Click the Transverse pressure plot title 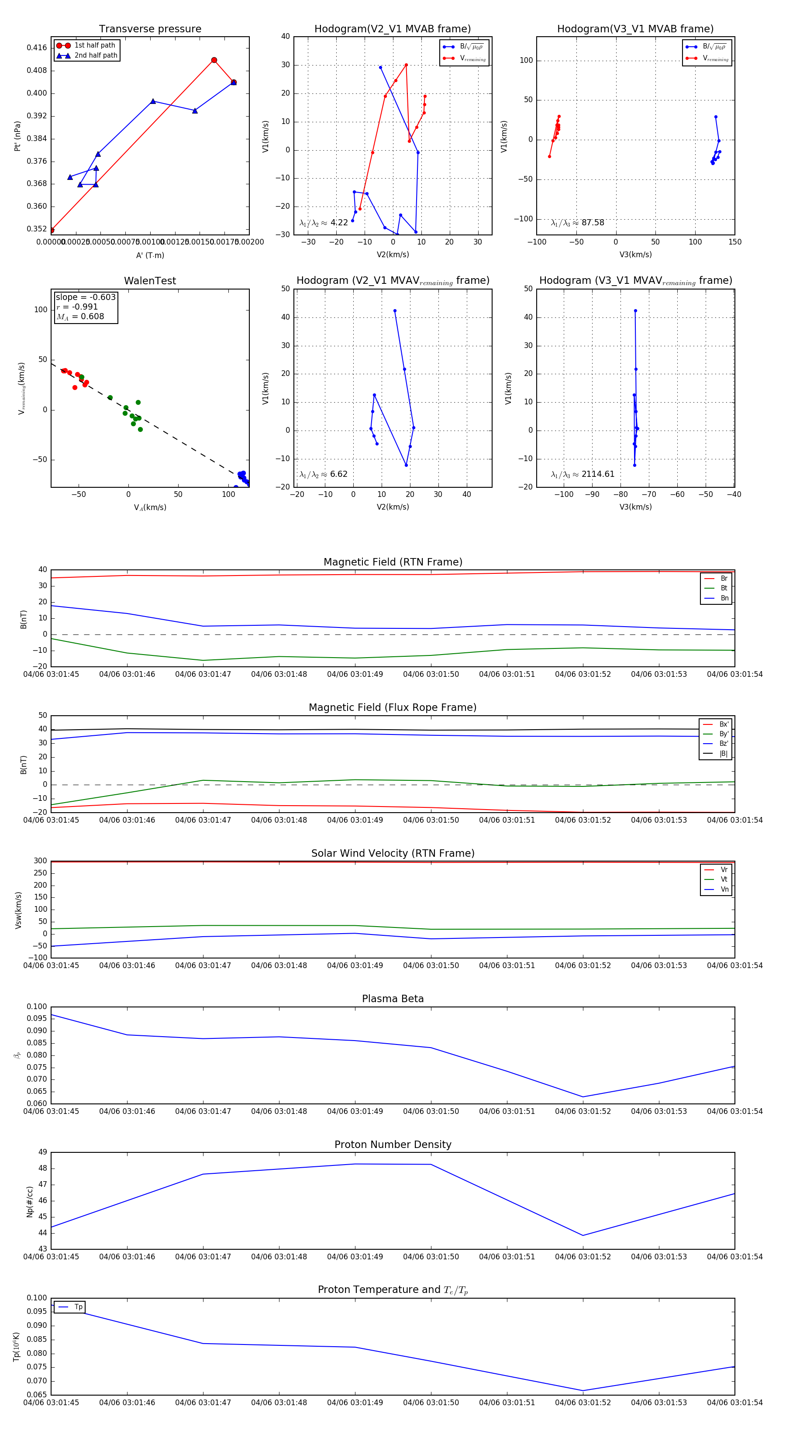(150, 29)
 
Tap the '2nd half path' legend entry (96, 55)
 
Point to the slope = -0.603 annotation (86, 297)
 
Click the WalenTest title (150, 281)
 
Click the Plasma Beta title (393, 999)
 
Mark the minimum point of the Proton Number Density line (583, 1236)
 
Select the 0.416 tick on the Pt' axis (37, 48)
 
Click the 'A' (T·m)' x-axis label (150, 255)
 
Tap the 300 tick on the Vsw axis (40, 861)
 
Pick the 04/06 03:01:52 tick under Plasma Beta (583, 1111)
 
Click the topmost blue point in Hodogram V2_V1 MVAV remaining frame (395, 311)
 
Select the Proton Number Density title (393, 1145)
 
